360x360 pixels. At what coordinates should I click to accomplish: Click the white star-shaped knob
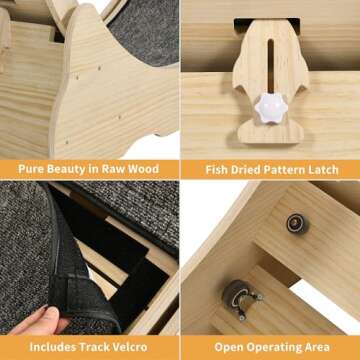(x=271, y=108)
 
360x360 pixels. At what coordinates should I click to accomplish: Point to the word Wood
(x=143, y=169)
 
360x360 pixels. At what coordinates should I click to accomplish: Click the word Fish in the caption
(x=216, y=170)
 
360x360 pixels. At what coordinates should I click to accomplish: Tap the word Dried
(x=245, y=170)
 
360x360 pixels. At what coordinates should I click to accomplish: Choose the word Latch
(x=322, y=170)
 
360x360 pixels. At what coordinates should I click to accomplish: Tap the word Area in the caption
(x=317, y=347)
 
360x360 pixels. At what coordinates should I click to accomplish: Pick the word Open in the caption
(x=228, y=347)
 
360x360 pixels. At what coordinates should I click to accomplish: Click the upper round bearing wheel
(x=297, y=224)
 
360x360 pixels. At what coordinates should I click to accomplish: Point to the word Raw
(x=113, y=169)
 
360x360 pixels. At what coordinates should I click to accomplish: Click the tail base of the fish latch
(x=273, y=132)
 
